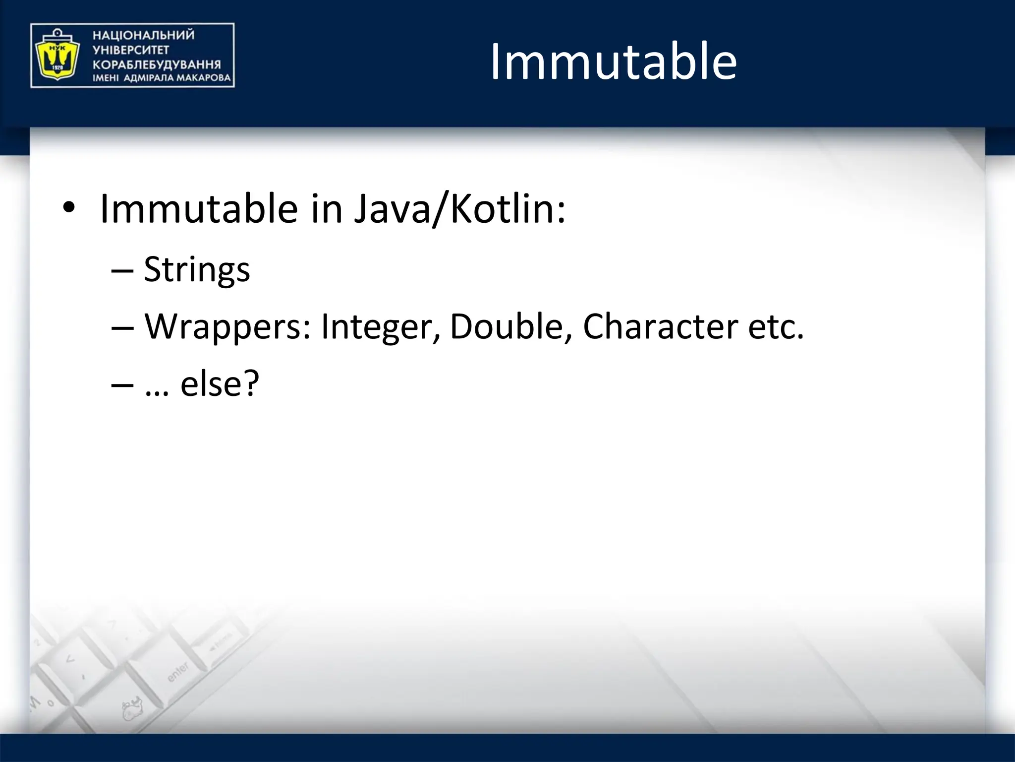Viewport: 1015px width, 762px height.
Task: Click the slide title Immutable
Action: point(614,62)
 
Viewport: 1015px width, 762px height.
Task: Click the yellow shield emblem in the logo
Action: point(55,56)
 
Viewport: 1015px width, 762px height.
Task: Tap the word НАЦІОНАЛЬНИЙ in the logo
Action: point(143,35)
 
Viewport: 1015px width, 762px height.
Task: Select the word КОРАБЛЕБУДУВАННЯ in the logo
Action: point(157,64)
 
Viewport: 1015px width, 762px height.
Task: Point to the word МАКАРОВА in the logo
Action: point(204,78)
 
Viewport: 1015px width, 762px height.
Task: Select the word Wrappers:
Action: point(227,327)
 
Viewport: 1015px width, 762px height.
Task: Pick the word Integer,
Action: point(380,327)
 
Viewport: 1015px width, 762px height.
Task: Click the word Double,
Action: point(510,327)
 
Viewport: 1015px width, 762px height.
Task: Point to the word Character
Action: point(660,327)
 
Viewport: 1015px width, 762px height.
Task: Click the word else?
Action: point(220,384)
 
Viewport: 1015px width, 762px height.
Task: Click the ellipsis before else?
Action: point(157,392)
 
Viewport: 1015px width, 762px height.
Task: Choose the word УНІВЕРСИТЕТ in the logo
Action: point(131,50)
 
